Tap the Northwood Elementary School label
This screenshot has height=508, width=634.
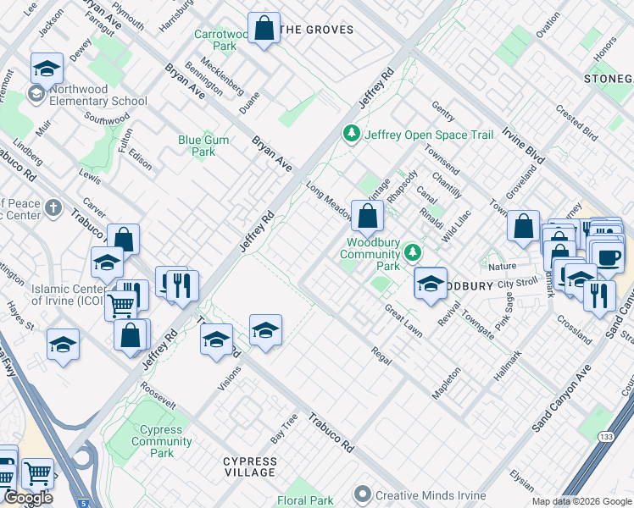click(x=97, y=95)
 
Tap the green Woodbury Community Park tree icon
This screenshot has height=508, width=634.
click(x=412, y=251)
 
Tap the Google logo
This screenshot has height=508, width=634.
click(x=28, y=498)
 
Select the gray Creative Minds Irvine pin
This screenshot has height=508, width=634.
click(x=364, y=494)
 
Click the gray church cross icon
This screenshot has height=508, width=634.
click(x=53, y=207)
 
